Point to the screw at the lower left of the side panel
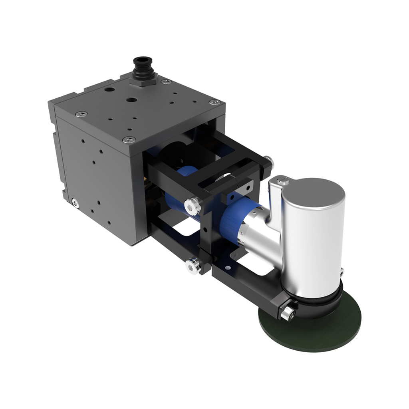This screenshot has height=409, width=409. pyautogui.click(x=75, y=203)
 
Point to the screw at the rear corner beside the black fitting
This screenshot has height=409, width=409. pyautogui.click(x=164, y=82)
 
